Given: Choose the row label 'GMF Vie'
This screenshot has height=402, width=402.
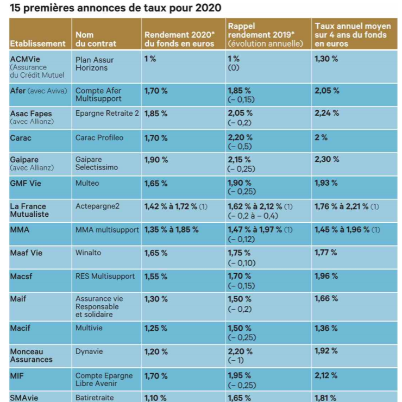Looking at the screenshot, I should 26,184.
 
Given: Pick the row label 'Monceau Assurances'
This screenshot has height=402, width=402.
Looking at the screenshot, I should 32,355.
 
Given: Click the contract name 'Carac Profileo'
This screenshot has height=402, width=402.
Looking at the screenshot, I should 99,137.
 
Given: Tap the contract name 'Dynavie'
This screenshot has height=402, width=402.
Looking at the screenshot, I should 89,351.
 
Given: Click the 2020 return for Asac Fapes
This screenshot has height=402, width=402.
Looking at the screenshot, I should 156,114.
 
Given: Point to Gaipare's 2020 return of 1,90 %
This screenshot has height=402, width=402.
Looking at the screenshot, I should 156,160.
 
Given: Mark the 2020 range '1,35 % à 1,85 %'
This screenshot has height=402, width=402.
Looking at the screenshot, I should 171,230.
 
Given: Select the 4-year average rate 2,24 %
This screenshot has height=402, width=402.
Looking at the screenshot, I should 326,113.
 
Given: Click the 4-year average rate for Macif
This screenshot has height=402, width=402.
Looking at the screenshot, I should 326,328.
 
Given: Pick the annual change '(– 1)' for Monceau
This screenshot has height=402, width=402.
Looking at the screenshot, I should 235,360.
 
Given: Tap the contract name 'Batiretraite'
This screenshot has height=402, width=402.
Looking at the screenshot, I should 95,398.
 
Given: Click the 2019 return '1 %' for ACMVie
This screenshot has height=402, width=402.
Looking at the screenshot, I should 234,59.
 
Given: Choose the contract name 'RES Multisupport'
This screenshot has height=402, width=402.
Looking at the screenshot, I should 105,276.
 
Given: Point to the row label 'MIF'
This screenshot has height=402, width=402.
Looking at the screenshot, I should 17,375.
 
